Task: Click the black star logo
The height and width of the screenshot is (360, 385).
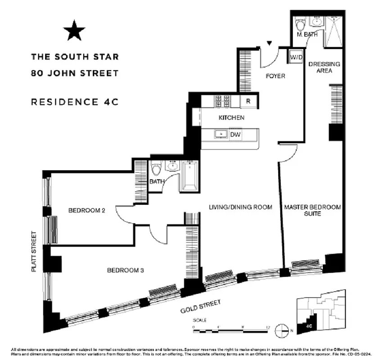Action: click(74, 31)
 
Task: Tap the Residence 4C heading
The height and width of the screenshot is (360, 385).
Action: click(74, 102)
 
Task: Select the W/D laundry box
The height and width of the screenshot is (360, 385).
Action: click(295, 57)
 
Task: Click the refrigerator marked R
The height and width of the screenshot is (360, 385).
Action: click(248, 101)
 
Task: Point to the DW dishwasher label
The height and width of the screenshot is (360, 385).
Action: click(235, 134)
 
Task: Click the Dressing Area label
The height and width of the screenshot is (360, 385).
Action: click(324, 67)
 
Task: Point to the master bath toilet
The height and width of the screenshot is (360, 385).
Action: click(300, 22)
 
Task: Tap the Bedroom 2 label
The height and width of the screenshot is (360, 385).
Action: click(86, 210)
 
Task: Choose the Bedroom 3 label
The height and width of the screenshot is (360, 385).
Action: click(125, 270)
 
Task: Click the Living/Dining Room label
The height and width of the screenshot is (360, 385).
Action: click(240, 207)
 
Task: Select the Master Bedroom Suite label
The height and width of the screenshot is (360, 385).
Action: click(312, 211)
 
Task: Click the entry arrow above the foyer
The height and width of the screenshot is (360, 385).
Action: click(270, 43)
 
